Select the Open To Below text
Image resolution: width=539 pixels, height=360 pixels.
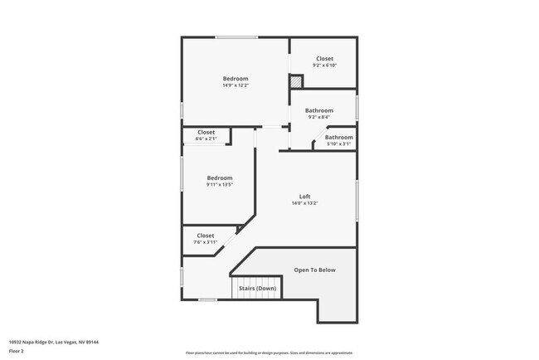click(315, 270)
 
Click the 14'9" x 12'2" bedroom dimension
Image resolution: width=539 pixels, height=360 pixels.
click(235, 85)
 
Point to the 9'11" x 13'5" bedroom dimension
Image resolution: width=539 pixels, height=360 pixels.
click(220, 184)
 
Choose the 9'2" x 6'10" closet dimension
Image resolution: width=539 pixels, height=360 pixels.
click(324, 65)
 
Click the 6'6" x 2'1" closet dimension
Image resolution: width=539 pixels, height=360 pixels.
click(206, 139)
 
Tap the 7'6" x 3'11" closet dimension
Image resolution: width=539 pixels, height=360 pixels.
click(205, 242)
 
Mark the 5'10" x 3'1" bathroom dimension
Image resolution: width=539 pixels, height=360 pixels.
click(338, 144)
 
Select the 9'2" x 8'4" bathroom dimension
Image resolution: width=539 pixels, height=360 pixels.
click(319, 117)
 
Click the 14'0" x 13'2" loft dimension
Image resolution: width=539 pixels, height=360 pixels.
click(305, 203)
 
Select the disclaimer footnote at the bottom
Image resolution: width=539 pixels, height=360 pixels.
click(269, 353)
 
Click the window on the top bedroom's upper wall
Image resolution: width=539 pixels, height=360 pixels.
click(237, 36)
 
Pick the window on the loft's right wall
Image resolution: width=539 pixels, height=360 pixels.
click(357, 200)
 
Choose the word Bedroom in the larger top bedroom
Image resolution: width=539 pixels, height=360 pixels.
click(235, 79)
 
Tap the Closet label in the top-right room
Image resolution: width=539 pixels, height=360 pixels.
click(324, 58)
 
